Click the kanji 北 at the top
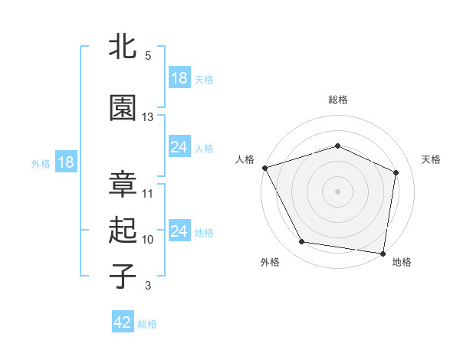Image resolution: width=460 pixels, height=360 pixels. [123, 47]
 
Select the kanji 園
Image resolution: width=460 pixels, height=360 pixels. [123, 110]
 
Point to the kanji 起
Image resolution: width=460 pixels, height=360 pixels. [123, 231]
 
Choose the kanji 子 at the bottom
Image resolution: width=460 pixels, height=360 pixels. [123, 277]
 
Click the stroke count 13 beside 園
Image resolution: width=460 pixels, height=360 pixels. [148, 117]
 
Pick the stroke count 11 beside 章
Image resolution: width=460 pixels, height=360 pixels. [148, 193]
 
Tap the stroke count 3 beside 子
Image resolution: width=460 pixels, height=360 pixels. [148, 286]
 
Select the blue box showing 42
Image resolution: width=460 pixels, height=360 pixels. [123, 322]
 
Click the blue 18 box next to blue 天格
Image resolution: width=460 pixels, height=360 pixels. [179, 79]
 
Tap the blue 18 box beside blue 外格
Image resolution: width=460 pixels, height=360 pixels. [65, 162]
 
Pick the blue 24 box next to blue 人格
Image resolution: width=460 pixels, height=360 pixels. [179, 147]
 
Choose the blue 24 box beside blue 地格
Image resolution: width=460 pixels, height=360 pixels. [179, 231]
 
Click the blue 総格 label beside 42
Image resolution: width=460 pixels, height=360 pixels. [147, 324]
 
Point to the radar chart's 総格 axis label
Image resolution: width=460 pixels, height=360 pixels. [337, 100]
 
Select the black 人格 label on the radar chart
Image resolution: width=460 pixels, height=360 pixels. [245, 159]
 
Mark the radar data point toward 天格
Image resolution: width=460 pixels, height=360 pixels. [396, 172]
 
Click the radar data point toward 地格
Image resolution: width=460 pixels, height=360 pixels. [383, 253]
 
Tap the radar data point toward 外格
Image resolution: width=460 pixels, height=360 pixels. [302, 243]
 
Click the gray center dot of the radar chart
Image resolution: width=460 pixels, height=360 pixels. [337, 191]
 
